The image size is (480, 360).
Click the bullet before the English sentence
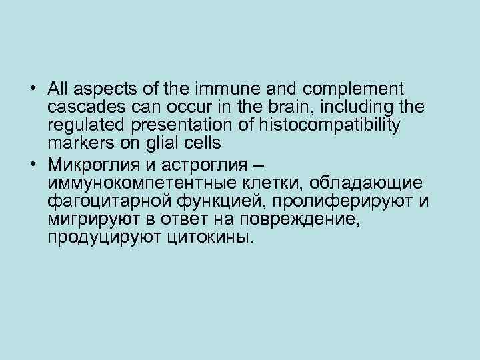pos(33,89)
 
